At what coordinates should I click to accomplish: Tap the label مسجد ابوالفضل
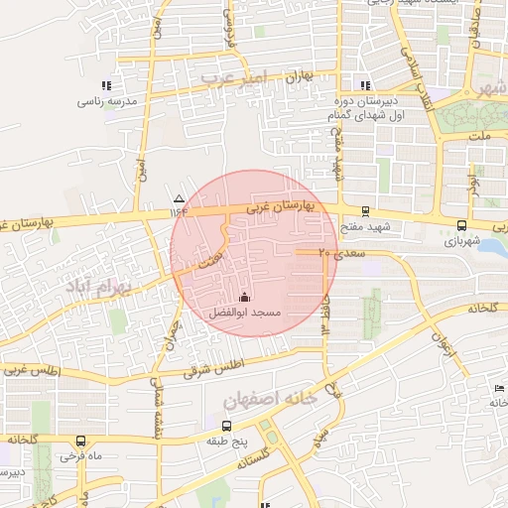[x=245, y=313]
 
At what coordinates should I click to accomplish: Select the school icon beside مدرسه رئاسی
[x=107, y=85]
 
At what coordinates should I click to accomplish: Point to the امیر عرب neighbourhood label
[x=234, y=75]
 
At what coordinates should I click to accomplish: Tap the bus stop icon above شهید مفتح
[x=366, y=210]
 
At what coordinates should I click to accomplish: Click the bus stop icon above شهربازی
[x=461, y=225]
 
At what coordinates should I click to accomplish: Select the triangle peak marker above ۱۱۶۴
[x=179, y=197]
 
